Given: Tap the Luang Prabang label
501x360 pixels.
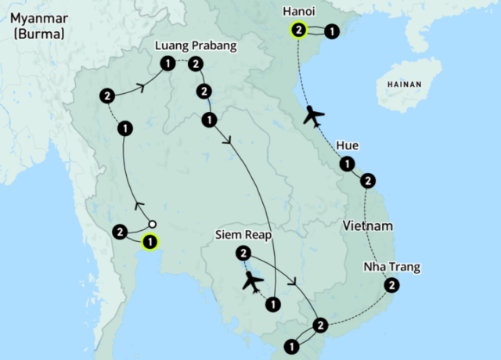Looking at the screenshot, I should [195, 46].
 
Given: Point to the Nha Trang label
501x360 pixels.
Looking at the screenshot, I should [391, 268].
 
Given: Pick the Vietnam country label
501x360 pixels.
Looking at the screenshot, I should [367, 226].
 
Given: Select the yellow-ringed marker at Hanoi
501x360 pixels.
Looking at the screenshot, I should [298, 31].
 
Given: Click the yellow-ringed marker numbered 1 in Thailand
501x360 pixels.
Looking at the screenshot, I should [149, 242].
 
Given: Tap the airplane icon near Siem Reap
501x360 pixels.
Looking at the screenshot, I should [252, 280].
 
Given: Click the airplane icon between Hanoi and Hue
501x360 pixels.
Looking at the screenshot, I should [314, 115].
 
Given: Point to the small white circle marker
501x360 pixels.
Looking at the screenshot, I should [153, 224].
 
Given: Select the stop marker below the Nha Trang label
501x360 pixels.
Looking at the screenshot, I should [390, 286].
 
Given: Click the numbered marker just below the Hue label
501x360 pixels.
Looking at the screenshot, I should [344, 164].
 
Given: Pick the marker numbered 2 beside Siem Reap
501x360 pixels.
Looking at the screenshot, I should [243, 253].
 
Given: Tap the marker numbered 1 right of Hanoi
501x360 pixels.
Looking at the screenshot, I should [331, 32].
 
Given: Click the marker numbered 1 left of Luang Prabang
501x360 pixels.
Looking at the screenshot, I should [167, 63].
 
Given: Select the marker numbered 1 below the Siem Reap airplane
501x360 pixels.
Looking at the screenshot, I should [272, 304].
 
